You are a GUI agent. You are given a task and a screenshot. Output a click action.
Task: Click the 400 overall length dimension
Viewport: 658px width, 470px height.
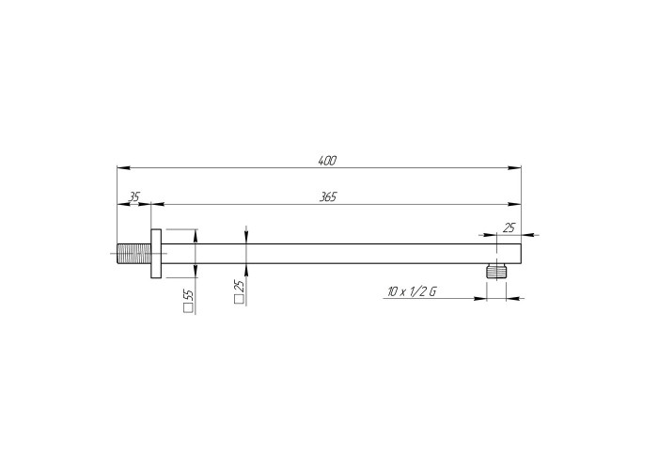327,161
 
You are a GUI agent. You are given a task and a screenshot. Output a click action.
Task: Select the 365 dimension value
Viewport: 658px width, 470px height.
328,196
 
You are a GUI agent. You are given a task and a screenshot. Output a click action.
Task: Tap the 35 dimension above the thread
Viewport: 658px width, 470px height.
133,196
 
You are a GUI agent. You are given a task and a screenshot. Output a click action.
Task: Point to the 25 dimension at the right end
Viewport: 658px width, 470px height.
509,227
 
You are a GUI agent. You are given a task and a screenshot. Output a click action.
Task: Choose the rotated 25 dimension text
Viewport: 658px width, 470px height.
240,286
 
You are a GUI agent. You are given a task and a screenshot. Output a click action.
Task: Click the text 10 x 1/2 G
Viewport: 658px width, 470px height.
412,291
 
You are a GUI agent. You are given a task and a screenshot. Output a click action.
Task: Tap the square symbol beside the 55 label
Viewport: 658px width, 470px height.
189,308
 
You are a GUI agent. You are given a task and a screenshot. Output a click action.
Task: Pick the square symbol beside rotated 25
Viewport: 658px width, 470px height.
239,299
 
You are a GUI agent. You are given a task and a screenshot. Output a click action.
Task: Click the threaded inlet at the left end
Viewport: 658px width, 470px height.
133,254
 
